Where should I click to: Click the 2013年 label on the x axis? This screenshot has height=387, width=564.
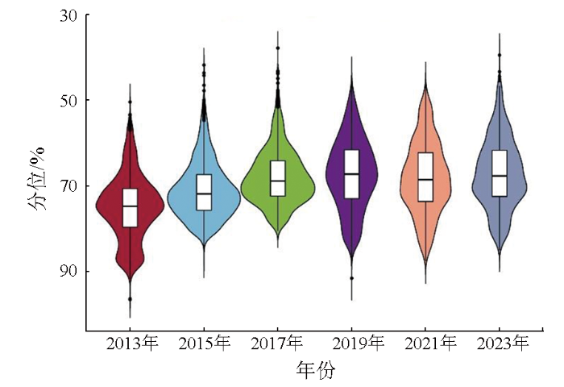tap(132, 343)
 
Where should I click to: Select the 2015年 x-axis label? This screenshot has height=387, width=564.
tap(203, 343)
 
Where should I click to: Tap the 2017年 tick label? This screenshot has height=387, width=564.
tap(277, 343)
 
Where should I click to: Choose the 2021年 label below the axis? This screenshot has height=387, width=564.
tap(429, 343)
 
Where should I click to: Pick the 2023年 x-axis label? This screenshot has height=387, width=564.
tap(501, 343)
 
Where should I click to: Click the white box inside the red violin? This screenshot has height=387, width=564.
tap(130, 208)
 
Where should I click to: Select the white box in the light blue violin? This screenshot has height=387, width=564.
tap(204, 192)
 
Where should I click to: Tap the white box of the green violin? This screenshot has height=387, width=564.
tap(278, 178)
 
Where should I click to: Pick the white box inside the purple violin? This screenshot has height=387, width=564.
tap(351, 173)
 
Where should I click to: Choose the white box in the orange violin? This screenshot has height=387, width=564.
tap(425, 177)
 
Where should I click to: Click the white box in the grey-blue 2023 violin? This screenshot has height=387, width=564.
tap(500, 173)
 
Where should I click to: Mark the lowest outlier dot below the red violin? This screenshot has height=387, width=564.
tap(130, 299)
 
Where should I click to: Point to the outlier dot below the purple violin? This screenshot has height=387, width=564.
tap(351, 278)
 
